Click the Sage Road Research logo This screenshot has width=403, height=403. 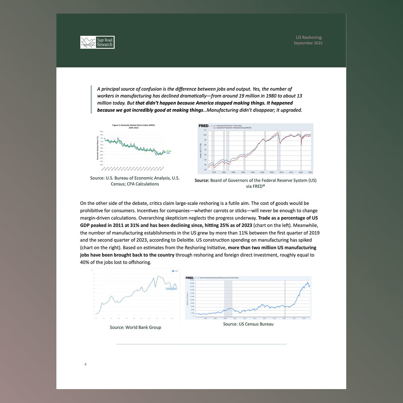point(97,42)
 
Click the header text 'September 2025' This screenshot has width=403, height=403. point(308,43)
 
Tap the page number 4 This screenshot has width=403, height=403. point(85,364)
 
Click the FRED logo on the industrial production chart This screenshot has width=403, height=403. point(203,126)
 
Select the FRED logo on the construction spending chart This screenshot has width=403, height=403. point(189,278)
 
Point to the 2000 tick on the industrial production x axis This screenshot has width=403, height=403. point(262,172)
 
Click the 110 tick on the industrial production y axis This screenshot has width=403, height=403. point(205,130)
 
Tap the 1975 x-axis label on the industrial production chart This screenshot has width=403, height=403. point(214,172)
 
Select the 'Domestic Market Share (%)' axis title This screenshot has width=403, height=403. point(98,148)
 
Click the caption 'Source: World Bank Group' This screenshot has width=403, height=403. point(135,327)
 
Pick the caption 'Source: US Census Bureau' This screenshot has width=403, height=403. point(248,324)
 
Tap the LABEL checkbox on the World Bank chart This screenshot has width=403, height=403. point(173,271)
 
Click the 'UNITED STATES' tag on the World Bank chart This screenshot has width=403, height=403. point(171,289)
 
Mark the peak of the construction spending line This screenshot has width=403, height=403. point(308,282)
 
